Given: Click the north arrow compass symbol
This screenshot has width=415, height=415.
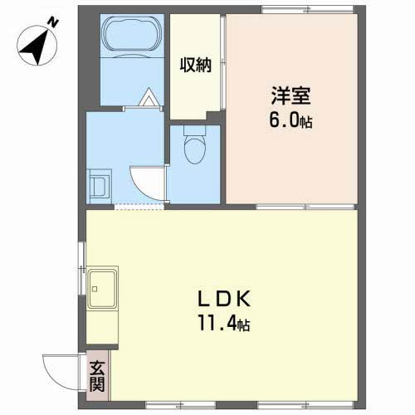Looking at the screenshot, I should pyautogui.click(x=37, y=46).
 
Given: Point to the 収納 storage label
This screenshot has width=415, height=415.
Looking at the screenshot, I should pyautogui.click(x=197, y=65).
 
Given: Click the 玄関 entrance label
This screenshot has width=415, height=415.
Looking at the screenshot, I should pyautogui.click(x=98, y=375).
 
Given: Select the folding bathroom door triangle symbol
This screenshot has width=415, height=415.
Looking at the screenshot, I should pyautogui.click(x=148, y=98).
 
